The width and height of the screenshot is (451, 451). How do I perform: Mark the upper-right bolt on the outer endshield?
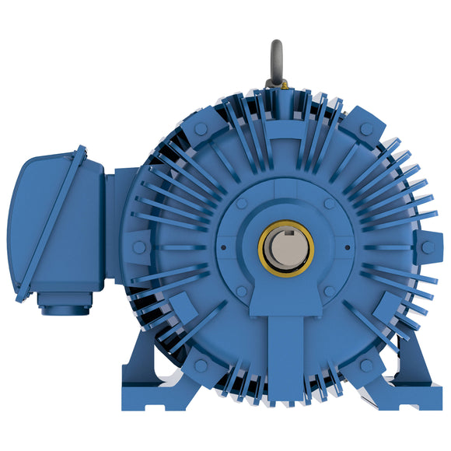click(x=366, y=128)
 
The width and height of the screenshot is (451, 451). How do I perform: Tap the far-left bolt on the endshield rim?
click(x=138, y=247)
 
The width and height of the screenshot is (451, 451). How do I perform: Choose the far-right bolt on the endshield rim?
click(x=427, y=247)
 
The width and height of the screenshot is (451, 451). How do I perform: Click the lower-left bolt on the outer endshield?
click(x=201, y=365)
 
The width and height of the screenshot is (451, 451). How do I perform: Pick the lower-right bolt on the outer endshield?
click(x=366, y=365)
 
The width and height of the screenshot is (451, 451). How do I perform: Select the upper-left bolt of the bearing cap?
click(x=242, y=203)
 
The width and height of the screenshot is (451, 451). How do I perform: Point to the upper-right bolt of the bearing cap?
click(x=330, y=203)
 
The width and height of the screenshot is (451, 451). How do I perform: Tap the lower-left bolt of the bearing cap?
click(x=242, y=291)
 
